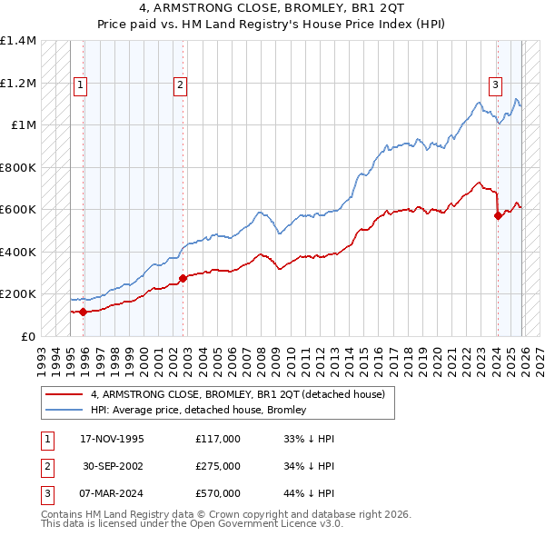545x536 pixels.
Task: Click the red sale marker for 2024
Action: click(x=498, y=215)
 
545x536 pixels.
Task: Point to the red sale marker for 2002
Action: click(x=183, y=278)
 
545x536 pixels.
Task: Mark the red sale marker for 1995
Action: click(x=84, y=312)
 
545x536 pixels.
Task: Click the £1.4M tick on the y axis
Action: click(x=18, y=42)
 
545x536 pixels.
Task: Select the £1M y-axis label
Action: click(x=23, y=125)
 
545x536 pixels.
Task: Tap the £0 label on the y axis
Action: click(x=28, y=336)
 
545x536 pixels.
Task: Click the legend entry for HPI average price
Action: click(x=198, y=410)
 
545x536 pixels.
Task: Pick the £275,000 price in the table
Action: click(x=218, y=466)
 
